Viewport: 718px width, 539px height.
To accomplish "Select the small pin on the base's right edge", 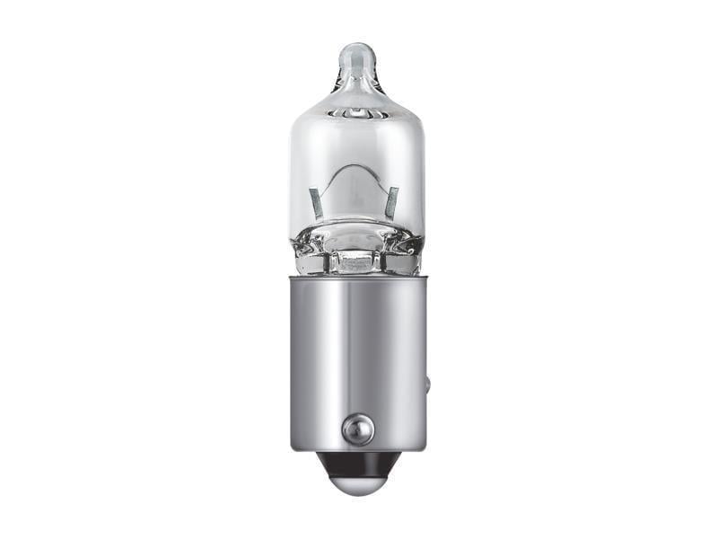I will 427,384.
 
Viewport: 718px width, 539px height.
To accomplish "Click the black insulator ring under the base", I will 358,464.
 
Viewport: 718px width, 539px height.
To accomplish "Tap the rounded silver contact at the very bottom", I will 358,485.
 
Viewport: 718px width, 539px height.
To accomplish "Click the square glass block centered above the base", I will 358,261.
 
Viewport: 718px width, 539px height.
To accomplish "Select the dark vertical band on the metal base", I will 395,359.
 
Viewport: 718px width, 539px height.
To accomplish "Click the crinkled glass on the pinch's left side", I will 310,247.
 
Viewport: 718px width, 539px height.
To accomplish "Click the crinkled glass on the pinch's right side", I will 407,247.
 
